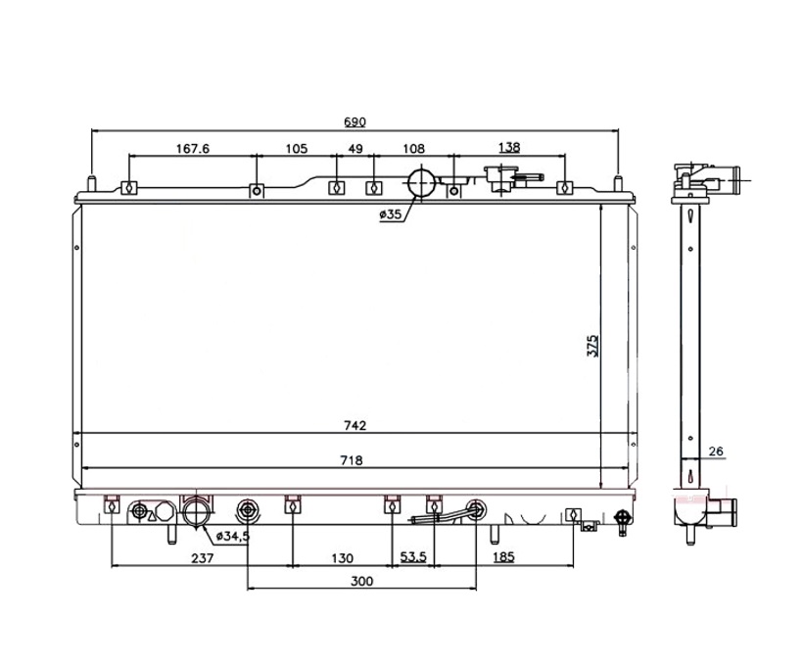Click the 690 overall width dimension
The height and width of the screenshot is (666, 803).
click(354, 121)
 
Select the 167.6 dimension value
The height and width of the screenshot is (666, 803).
click(193, 149)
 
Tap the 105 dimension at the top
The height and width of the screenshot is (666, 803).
click(297, 149)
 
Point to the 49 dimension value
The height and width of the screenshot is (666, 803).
click(355, 149)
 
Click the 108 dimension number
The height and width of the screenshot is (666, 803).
click(414, 149)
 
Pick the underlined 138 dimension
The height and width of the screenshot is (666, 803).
click(509, 148)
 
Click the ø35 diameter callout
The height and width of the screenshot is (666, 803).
click(391, 214)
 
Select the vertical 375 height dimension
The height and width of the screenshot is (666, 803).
click(592, 346)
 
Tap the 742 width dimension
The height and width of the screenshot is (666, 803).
click(355, 426)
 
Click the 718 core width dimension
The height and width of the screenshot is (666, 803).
click(352, 460)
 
